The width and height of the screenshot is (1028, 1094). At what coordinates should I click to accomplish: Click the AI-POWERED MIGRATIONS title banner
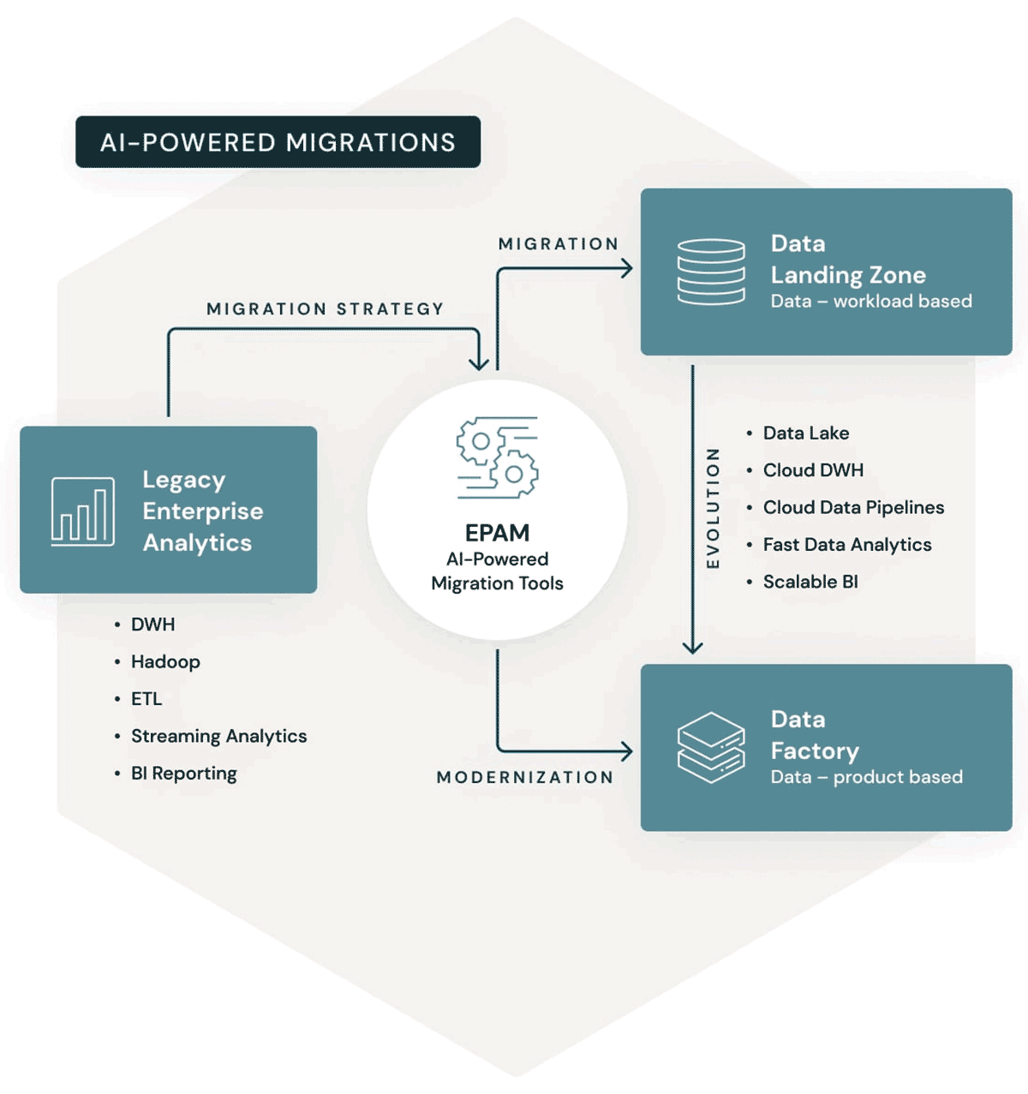[x=278, y=142]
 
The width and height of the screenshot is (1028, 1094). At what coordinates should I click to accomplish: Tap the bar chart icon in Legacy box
[x=83, y=511]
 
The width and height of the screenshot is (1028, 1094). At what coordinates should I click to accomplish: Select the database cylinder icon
[x=711, y=272]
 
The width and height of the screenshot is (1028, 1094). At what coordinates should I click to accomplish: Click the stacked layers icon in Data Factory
[x=711, y=748]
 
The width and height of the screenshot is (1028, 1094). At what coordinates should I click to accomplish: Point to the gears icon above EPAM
[x=498, y=457]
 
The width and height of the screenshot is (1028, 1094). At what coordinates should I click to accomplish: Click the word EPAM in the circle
[x=498, y=533]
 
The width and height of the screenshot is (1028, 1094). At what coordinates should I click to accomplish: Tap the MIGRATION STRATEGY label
[x=326, y=308]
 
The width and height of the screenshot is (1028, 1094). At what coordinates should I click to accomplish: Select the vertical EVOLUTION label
[x=713, y=508]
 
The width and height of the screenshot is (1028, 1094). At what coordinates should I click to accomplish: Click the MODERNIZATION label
[x=525, y=777]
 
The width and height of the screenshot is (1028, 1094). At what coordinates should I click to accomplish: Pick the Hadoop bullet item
[x=165, y=661]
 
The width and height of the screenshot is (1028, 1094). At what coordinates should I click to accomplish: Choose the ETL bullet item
[x=146, y=699]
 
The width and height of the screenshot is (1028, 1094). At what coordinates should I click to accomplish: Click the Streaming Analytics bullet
[x=218, y=736]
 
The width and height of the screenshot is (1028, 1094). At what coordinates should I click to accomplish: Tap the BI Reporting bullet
[x=184, y=774]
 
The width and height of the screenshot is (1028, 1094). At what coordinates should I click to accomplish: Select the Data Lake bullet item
[x=806, y=433]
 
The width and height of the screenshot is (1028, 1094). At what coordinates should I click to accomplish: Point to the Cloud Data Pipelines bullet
[x=853, y=507]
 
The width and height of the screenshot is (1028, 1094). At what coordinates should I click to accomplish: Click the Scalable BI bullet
[x=810, y=582]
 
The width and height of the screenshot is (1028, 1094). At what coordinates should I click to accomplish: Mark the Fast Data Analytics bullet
[x=847, y=545]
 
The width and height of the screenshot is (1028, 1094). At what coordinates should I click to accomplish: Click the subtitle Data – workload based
[x=871, y=302]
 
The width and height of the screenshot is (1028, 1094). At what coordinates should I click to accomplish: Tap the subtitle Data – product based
[x=867, y=777]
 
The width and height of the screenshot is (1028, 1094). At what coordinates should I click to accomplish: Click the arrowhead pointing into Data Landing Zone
[x=627, y=269]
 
